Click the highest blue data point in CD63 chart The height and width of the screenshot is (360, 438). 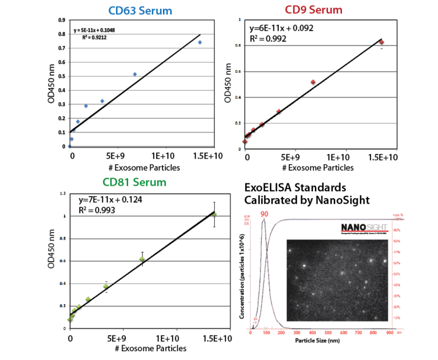pos(199,42)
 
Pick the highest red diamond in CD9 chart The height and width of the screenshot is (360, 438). pos(381,42)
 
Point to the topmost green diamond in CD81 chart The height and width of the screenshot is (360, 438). pos(214,214)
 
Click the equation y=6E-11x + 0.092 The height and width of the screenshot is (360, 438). pos(281,28)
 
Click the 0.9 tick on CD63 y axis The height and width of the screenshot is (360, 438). pos(61,21)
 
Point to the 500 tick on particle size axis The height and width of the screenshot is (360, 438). pos(328,333)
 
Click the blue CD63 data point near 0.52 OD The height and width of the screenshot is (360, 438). pos(135,74)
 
